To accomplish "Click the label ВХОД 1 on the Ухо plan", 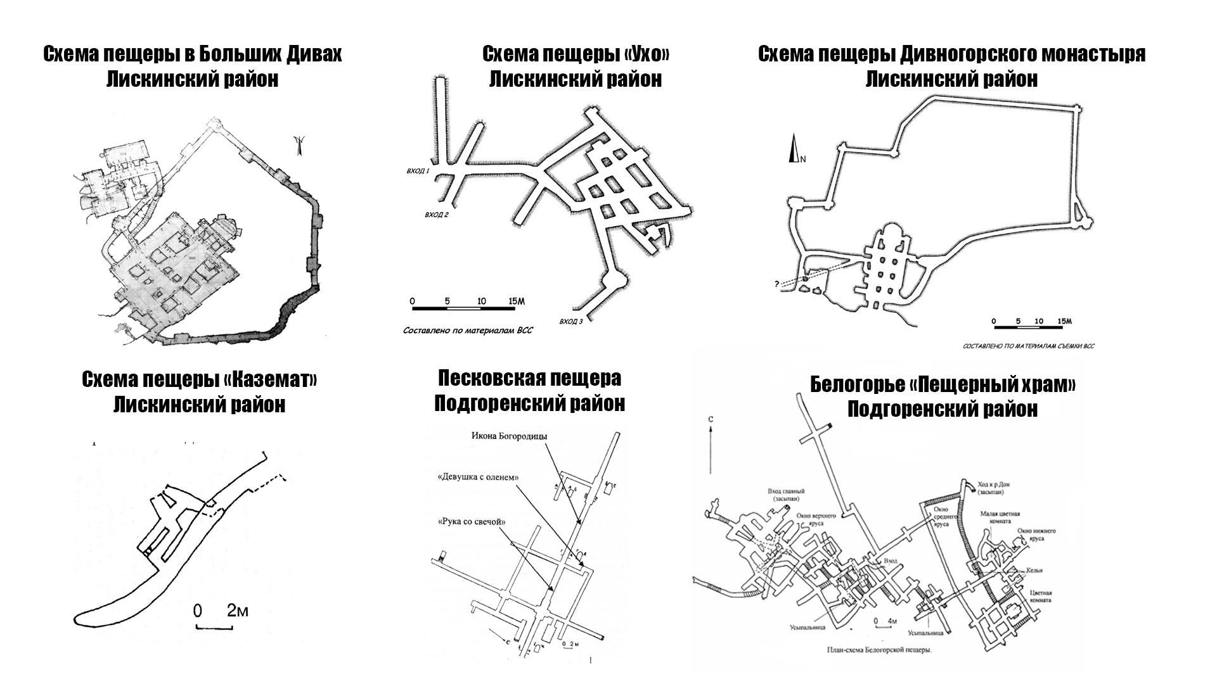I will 418,171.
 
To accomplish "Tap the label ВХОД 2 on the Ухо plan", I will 437,215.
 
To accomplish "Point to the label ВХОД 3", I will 571,322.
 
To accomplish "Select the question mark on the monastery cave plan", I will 776,284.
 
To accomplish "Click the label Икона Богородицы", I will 508,436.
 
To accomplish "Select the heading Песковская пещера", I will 529,378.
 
